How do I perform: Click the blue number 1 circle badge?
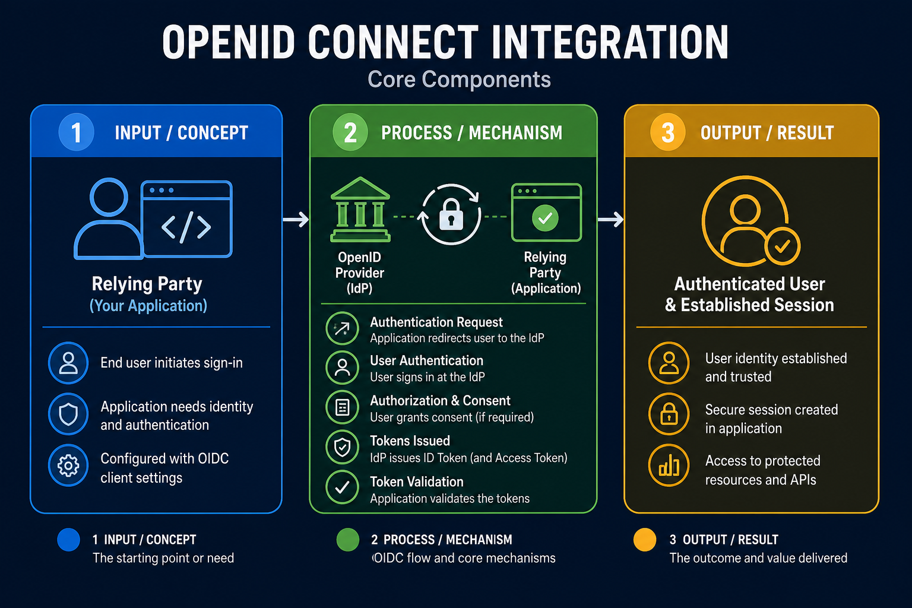76,132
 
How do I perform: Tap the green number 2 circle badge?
350,132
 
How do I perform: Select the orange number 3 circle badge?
668,132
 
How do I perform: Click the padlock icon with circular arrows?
451,214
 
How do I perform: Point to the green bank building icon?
360,210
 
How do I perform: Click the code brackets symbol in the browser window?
186,226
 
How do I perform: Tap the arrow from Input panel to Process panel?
296,220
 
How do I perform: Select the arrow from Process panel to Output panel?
610,220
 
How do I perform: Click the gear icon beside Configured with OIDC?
68,465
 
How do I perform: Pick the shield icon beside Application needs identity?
68,414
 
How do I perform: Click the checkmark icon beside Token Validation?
343,487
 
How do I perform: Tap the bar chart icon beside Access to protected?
669,465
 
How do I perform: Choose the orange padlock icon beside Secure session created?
669,414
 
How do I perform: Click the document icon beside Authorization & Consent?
343,407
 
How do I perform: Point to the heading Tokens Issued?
410,441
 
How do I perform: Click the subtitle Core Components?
459,79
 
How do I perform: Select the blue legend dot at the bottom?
68,540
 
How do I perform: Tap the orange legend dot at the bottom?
645,540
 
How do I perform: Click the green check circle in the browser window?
545,218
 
